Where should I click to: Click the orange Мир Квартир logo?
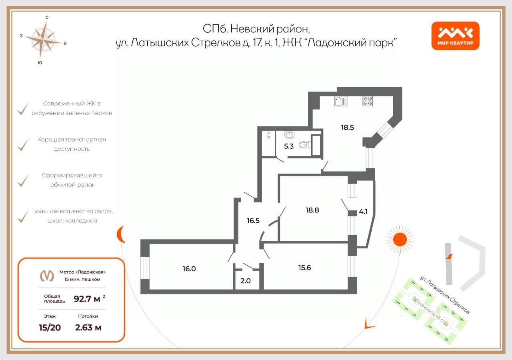pos(455,36)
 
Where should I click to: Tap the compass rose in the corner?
pos(45,39)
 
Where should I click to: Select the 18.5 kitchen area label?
pos(347,128)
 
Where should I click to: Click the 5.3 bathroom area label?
pos(289,146)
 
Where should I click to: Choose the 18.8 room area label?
pos(312,210)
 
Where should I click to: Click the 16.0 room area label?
pos(189,269)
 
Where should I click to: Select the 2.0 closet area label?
pos(245,280)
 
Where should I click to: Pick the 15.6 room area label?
pos(304,268)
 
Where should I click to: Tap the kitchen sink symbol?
pos(341,101)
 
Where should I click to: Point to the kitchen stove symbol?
pos(368,101)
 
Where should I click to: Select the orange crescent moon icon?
pos(121,234)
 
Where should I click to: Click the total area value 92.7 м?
pos(88,298)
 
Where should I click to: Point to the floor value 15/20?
pos(50,328)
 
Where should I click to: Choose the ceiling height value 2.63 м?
pos(88,328)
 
